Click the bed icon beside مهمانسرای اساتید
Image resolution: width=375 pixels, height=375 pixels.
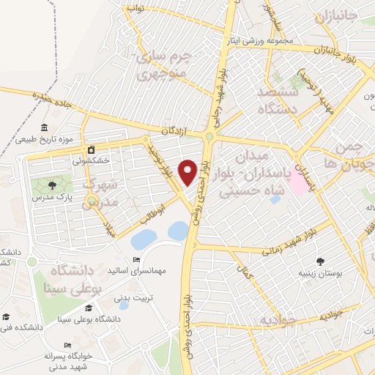click(136, 260)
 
